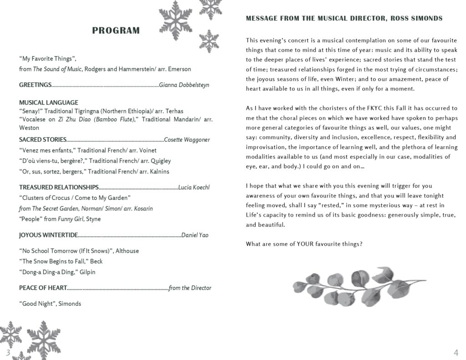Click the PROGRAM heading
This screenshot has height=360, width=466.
point(116,31)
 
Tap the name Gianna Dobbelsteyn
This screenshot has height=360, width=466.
point(184,85)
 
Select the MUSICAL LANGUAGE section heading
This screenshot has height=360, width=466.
point(49,102)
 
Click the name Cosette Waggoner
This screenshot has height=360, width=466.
point(187,140)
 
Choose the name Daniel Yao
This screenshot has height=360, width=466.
point(195,235)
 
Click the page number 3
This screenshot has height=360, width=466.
point(8,353)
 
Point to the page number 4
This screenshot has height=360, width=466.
point(456,353)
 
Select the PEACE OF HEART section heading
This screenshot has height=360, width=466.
point(43,288)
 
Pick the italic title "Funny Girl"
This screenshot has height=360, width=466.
point(71,219)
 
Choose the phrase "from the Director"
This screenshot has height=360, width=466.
point(190,288)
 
